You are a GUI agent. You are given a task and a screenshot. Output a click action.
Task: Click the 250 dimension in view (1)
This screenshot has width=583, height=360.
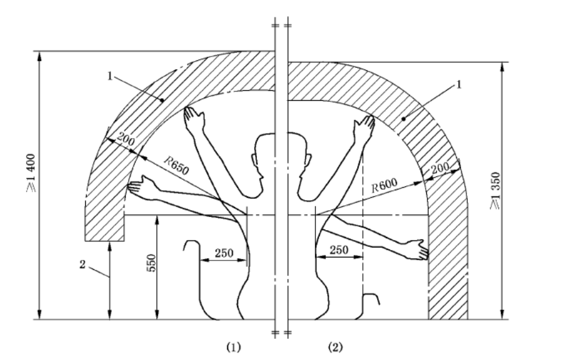[x=223, y=253]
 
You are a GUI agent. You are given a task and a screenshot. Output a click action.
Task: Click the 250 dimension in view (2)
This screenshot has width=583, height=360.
[x=339, y=249]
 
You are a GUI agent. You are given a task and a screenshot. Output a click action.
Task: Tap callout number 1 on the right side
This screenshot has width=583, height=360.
[x=459, y=86]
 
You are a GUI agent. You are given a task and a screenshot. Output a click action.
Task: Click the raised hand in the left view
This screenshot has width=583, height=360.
[x=193, y=117]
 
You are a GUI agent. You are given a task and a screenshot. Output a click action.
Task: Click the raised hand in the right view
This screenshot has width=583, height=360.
[x=365, y=126]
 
